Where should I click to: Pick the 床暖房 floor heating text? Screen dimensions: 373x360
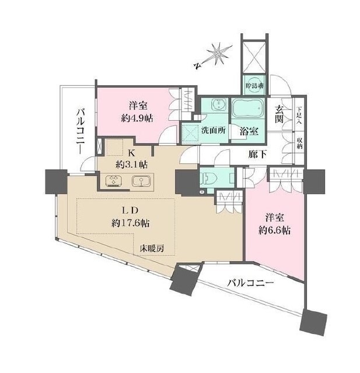click(151, 249)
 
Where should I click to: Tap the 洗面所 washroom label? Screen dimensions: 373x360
click(214, 130)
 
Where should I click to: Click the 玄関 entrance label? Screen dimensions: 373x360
click(280, 114)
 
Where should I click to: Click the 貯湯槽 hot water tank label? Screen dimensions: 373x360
click(255, 85)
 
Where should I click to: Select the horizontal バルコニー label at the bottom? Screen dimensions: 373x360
click(250, 284)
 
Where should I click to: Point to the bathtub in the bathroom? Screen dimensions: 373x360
click(249, 110)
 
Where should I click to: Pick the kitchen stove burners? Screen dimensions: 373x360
click(113, 181)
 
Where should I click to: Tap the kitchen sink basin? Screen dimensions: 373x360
click(140, 182)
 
